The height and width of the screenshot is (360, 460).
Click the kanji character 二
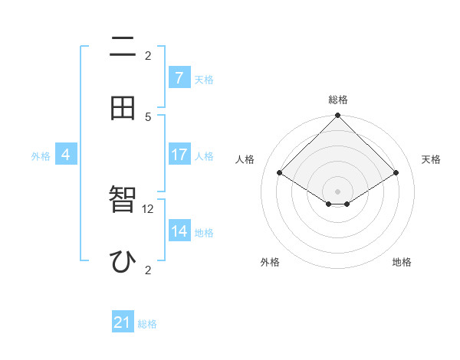[123, 48]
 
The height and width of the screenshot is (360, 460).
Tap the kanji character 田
[123, 108]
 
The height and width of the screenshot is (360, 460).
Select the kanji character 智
[123, 200]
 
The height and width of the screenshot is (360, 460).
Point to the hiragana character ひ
[123, 261]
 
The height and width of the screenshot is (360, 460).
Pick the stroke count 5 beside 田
[149, 116]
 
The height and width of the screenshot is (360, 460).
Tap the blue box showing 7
[179, 77]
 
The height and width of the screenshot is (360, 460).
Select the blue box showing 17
[179, 155]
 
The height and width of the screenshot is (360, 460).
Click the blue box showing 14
[179, 231]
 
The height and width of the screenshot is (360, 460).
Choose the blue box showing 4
[66, 155]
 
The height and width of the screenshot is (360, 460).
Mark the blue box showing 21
[123, 323]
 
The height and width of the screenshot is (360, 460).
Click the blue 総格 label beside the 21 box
[147, 324]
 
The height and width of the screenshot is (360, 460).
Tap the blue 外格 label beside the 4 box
[41, 155]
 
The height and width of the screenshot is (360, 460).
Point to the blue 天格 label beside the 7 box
[203, 79]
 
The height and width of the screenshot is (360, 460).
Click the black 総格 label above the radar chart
[337, 100]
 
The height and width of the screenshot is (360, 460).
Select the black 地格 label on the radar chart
[402, 262]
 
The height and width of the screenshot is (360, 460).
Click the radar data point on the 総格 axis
[337, 116]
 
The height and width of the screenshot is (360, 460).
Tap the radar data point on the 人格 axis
[279, 173]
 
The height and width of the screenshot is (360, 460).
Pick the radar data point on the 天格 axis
[396, 173]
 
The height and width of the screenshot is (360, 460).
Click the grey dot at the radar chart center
[337, 191]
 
